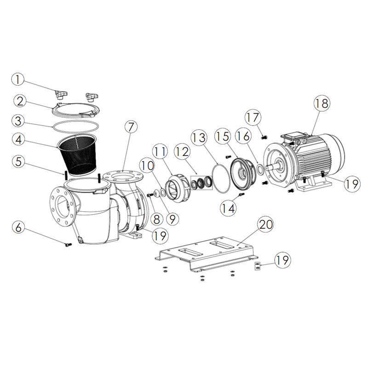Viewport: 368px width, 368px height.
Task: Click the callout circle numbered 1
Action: pyautogui.click(x=18, y=80)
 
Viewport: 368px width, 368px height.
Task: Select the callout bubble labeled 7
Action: pyautogui.click(x=130, y=127)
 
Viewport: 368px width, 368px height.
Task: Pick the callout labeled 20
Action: pyautogui.click(x=265, y=225)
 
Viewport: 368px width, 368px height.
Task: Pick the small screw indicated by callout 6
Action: pyautogui.click(x=69, y=245)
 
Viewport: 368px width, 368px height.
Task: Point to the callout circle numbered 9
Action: pyautogui.click(x=172, y=218)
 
